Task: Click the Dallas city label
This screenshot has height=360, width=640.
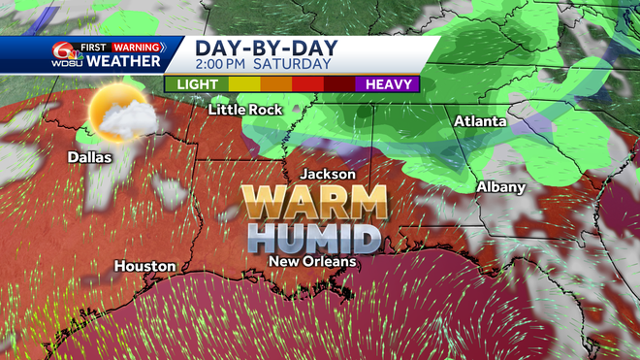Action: point(89,156)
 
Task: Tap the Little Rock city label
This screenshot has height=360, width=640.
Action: point(245,110)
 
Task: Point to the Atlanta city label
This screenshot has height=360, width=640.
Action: point(480,121)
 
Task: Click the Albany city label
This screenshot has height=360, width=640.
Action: point(500,186)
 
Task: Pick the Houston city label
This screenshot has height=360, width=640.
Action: point(145,265)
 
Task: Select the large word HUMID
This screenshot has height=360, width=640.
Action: point(312,237)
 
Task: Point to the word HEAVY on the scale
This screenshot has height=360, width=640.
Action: point(394,84)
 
